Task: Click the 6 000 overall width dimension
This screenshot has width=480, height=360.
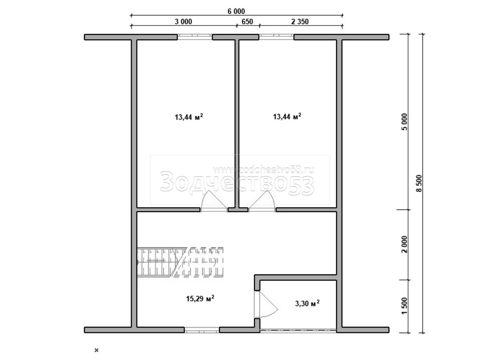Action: click(x=236, y=11)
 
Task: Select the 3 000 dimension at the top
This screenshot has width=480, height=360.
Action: click(x=183, y=22)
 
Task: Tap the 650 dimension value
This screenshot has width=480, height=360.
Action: click(x=247, y=22)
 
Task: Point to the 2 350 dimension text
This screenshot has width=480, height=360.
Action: click(x=300, y=22)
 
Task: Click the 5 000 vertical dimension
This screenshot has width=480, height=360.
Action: click(x=405, y=122)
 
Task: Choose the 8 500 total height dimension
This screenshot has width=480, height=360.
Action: click(x=419, y=183)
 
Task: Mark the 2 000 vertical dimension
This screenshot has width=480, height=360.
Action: click(x=405, y=244)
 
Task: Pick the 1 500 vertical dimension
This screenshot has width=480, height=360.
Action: click(x=405, y=306)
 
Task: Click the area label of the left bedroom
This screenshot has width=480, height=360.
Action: click(x=189, y=117)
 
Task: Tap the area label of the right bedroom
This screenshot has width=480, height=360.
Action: click(x=287, y=116)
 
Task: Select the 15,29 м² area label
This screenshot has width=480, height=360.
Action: click(x=200, y=298)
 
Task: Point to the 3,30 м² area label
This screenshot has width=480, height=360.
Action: click(x=307, y=303)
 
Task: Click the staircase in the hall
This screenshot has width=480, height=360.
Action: click(x=180, y=262)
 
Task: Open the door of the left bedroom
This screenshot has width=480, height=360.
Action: click(x=214, y=201)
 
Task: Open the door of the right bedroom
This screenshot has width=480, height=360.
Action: click(x=262, y=201)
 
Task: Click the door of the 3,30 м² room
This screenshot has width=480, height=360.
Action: click(x=266, y=304)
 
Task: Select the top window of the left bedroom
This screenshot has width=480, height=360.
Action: click(x=195, y=37)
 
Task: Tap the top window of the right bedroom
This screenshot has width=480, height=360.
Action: click(x=276, y=37)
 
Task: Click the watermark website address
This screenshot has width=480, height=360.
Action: click(x=264, y=170)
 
